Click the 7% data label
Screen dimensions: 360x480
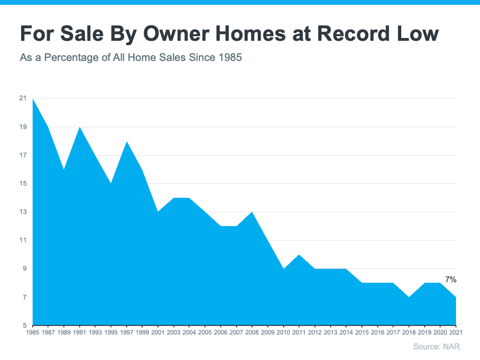[x=450, y=279]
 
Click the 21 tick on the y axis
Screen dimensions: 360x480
[x=23, y=98]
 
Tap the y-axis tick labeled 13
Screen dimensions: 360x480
[x=23, y=212]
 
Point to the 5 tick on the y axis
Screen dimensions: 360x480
[x=24, y=325]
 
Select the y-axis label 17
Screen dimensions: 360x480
[x=23, y=155]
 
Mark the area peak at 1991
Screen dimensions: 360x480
[x=80, y=127]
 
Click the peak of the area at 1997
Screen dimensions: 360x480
[x=127, y=142]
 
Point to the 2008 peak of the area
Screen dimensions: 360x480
[x=252, y=212]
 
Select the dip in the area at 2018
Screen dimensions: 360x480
[x=409, y=297]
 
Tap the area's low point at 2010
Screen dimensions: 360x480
[x=283, y=269]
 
